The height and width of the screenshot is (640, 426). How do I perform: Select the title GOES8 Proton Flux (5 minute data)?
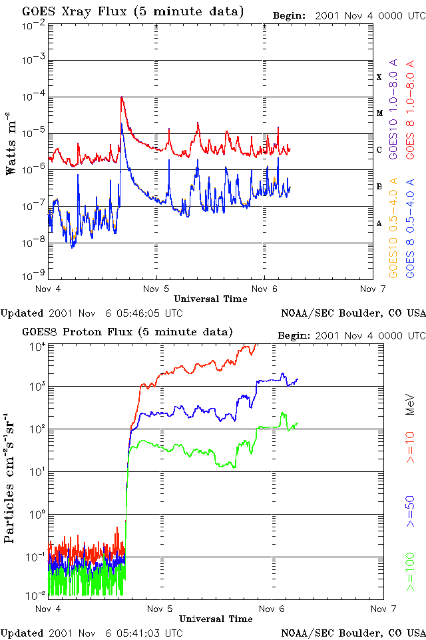(126, 332)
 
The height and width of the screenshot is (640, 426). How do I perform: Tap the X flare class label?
(379, 77)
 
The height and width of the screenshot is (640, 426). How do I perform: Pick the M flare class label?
(379, 113)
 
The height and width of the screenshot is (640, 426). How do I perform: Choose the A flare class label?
(379, 224)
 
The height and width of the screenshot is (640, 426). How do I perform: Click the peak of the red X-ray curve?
(122, 97)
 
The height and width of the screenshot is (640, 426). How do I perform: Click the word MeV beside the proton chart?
(411, 403)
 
